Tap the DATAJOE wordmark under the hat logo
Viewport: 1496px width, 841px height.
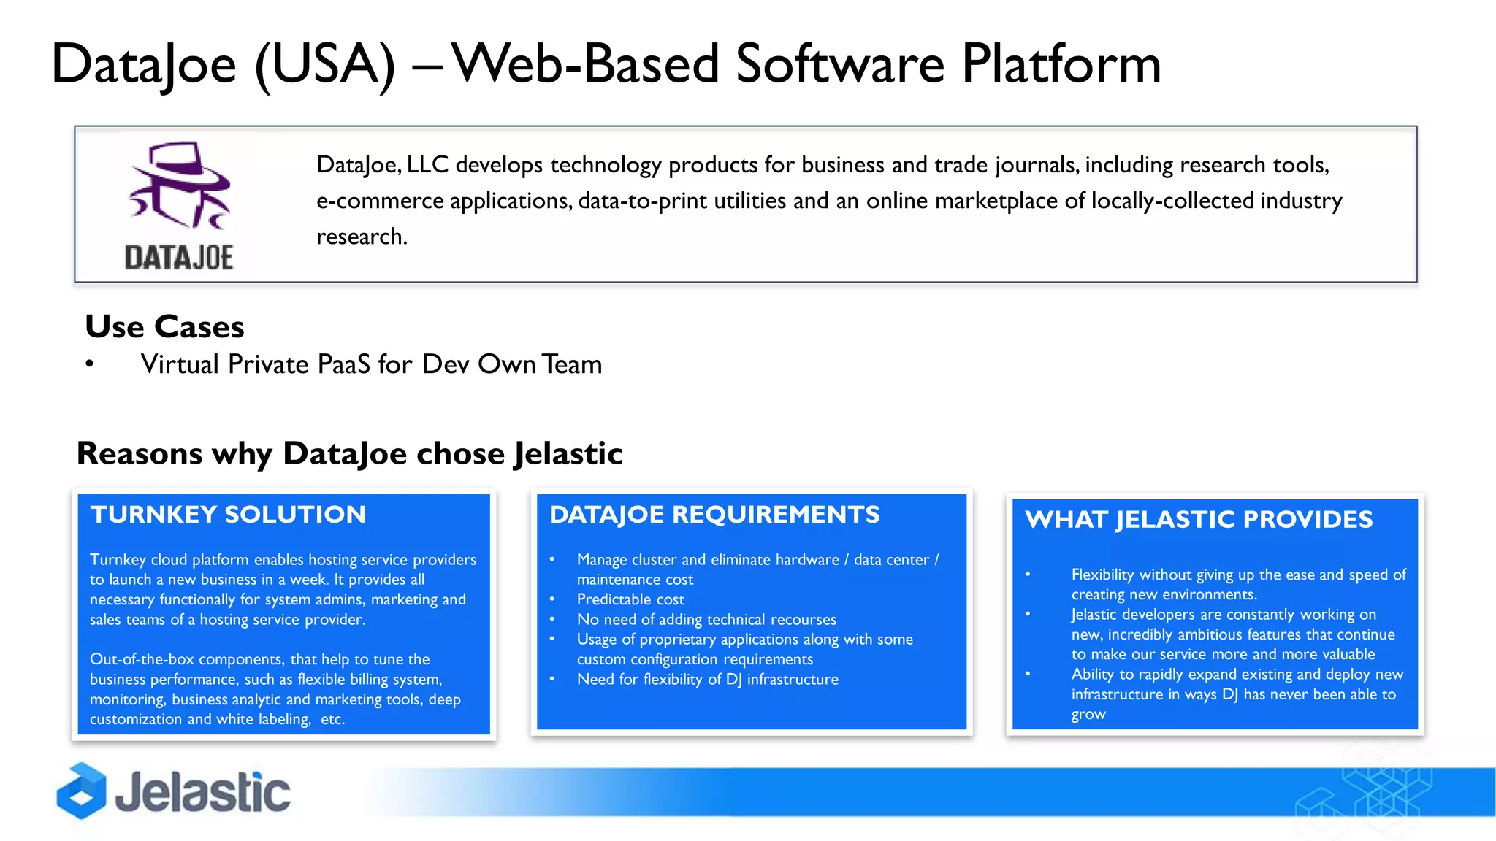coord(179,258)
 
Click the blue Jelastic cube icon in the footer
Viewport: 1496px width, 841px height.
coord(81,791)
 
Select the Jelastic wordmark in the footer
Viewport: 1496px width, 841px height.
coord(203,793)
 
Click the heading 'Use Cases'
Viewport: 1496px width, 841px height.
coord(164,326)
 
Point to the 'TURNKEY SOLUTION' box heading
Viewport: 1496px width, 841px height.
coord(228,515)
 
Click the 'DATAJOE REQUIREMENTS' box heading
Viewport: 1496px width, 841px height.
coord(714,515)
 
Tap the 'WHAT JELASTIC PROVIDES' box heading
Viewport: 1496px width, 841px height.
coord(1199,520)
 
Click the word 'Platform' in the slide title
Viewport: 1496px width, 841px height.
coord(1061,64)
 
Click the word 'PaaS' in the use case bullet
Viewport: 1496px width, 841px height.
coord(343,364)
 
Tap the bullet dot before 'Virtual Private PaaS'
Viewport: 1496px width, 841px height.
coord(89,364)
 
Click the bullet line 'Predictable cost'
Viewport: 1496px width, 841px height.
coord(630,599)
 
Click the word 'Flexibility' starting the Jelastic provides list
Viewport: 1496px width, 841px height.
coord(1102,575)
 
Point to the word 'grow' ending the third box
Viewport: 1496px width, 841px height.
coord(1088,714)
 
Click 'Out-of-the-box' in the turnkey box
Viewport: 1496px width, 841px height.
coord(142,659)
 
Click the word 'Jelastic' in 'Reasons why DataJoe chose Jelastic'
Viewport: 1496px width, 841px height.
coord(568,453)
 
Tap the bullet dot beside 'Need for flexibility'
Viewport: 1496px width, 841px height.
coord(552,679)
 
